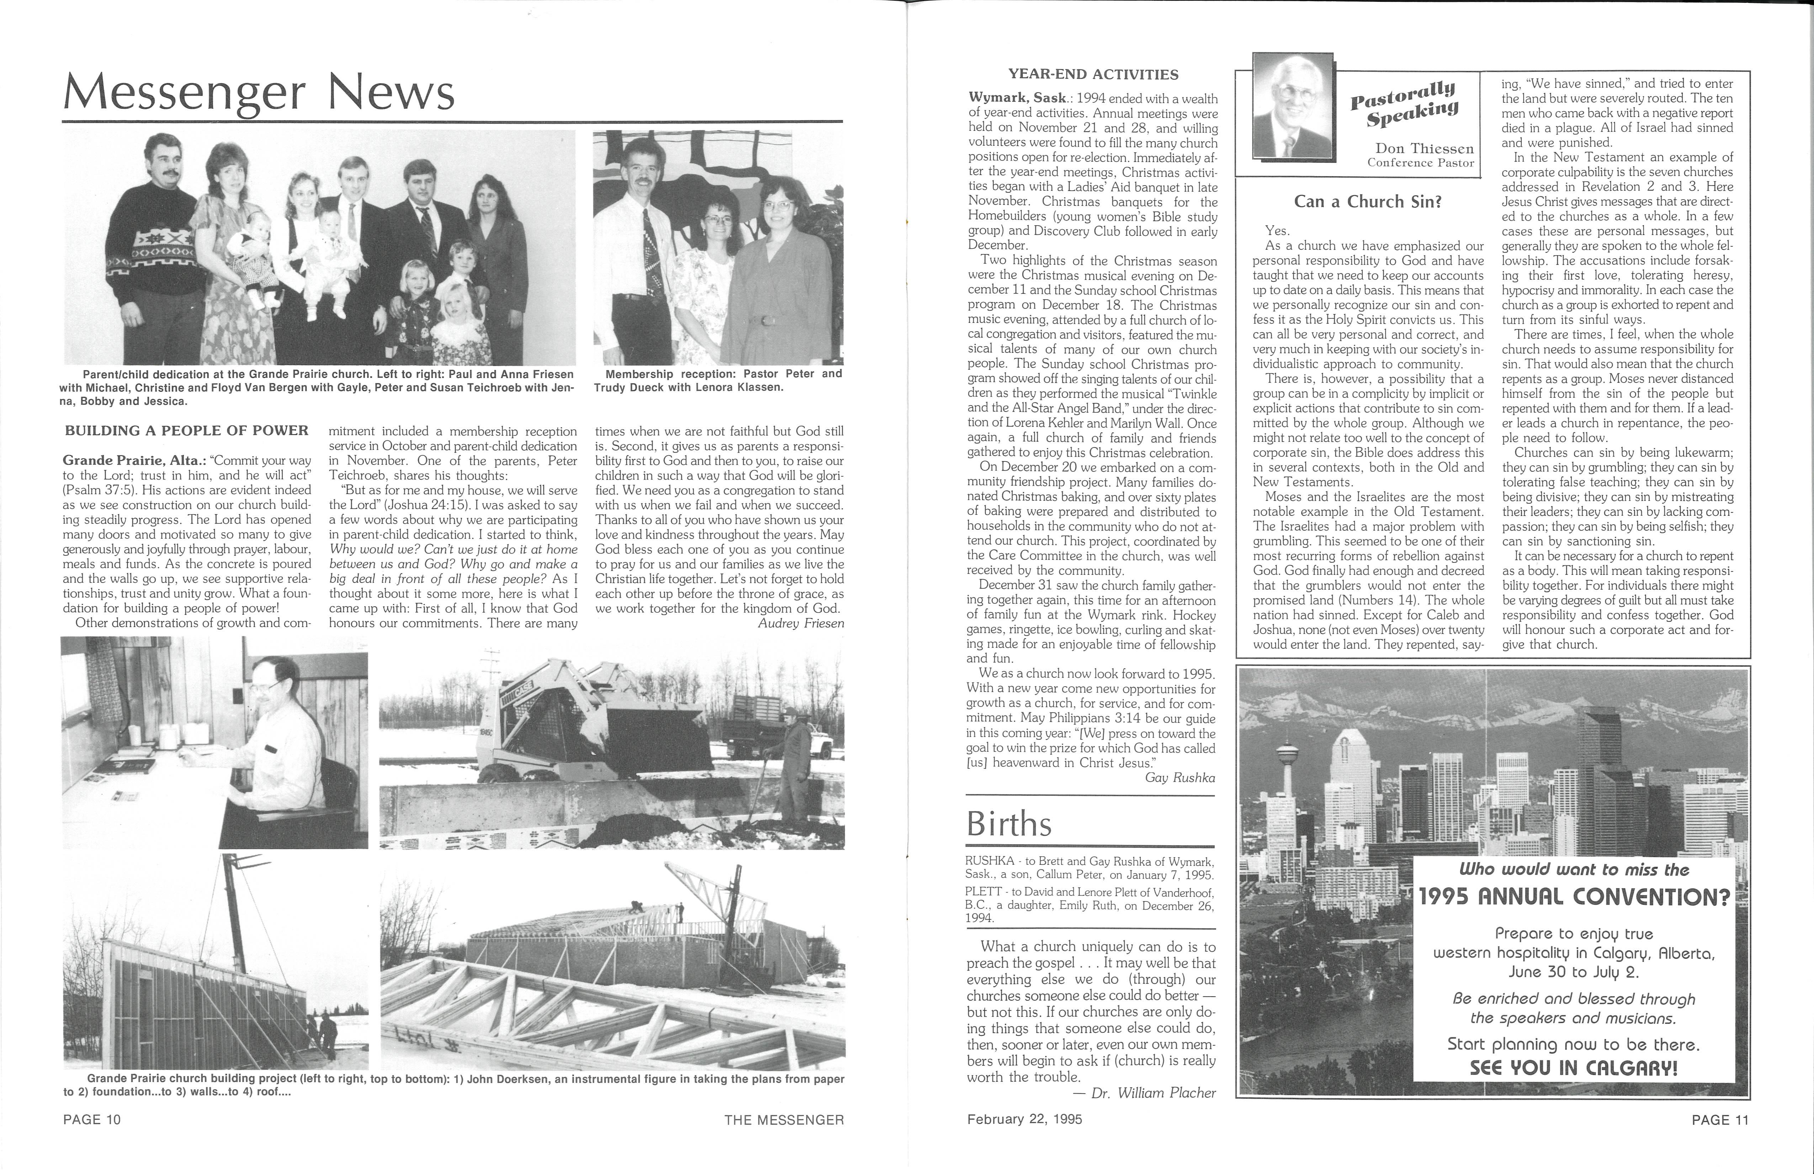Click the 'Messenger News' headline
coord(259,93)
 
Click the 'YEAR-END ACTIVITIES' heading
coord(1093,75)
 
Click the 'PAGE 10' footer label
coord(92,1120)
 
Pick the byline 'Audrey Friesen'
coord(800,624)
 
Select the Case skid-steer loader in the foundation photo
coord(534,720)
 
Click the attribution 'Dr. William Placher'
coord(1153,1093)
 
